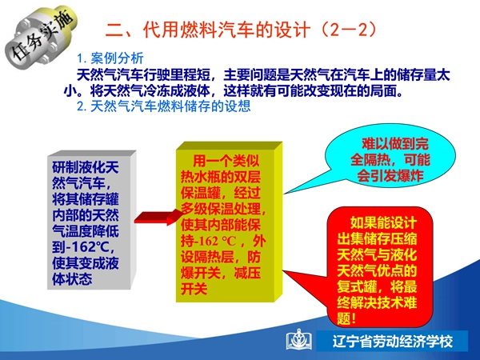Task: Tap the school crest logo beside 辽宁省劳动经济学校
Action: pos(299,339)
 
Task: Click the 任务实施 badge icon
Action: pos(40,35)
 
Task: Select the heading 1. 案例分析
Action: pos(110,58)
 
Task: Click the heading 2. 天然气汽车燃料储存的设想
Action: pos(164,106)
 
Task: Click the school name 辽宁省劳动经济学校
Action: pos(393,342)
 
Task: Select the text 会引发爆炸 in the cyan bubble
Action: pos(390,176)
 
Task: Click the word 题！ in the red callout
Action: pos(347,318)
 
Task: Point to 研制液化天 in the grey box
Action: pos(86,167)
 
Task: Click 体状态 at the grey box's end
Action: pos(72,279)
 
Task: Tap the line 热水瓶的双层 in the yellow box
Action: pos(221,178)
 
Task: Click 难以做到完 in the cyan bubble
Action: pos(395,144)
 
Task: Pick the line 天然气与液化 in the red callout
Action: pos(377,255)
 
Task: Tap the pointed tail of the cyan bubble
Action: pos(285,194)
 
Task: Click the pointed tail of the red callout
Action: pos(283,271)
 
